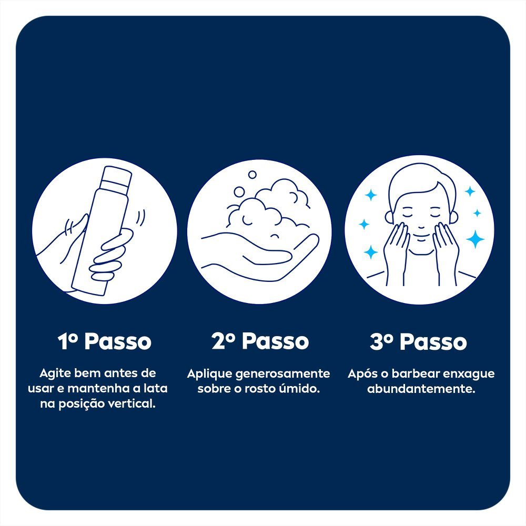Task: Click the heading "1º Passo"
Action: coord(104,341)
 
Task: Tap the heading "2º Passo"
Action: coord(260,341)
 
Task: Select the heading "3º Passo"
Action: coord(418,341)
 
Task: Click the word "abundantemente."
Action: coord(421,389)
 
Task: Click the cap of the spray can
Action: coord(116,178)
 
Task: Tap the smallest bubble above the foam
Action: coord(252,175)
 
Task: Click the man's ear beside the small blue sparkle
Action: coord(452,216)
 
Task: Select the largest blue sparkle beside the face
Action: coord(475,239)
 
